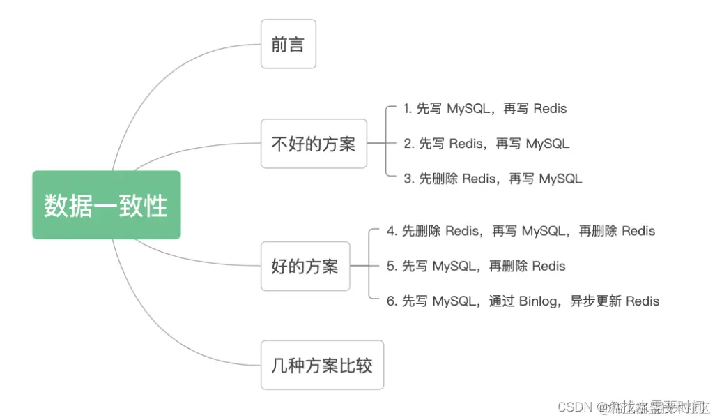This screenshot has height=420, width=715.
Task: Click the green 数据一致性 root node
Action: tap(106, 205)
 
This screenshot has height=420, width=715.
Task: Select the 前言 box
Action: tap(288, 44)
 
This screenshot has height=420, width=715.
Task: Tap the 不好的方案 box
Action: tap(313, 144)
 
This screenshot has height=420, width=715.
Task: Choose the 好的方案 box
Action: tap(305, 266)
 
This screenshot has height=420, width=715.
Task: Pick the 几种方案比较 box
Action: tap(321, 365)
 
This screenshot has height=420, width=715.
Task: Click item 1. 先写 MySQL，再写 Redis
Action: tap(485, 109)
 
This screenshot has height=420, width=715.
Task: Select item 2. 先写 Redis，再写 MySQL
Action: tap(486, 144)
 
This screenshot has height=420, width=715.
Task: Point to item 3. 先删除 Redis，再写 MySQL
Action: tap(493, 179)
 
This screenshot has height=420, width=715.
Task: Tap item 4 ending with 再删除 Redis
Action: tap(521, 231)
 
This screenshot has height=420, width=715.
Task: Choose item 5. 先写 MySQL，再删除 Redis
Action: tap(476, 266)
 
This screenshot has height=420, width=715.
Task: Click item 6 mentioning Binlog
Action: tap(523, 301)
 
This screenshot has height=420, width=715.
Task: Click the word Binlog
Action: tap(538, 301)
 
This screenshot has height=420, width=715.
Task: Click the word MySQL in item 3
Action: tap(561, 179)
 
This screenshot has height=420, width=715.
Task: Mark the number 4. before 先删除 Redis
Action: tap(392, 231)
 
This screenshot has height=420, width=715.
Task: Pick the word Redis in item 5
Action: tap(548, 266)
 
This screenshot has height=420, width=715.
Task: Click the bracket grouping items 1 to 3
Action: tap(387, 144)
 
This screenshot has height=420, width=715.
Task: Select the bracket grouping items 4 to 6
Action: tap(369, 266)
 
